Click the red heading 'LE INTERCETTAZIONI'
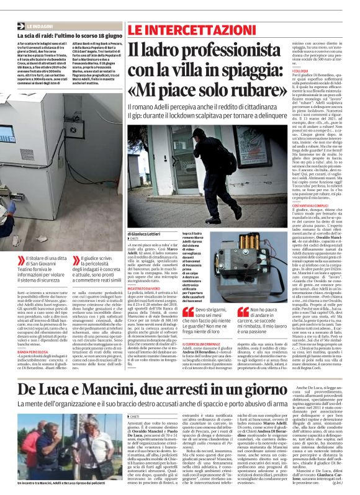[179, 29]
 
